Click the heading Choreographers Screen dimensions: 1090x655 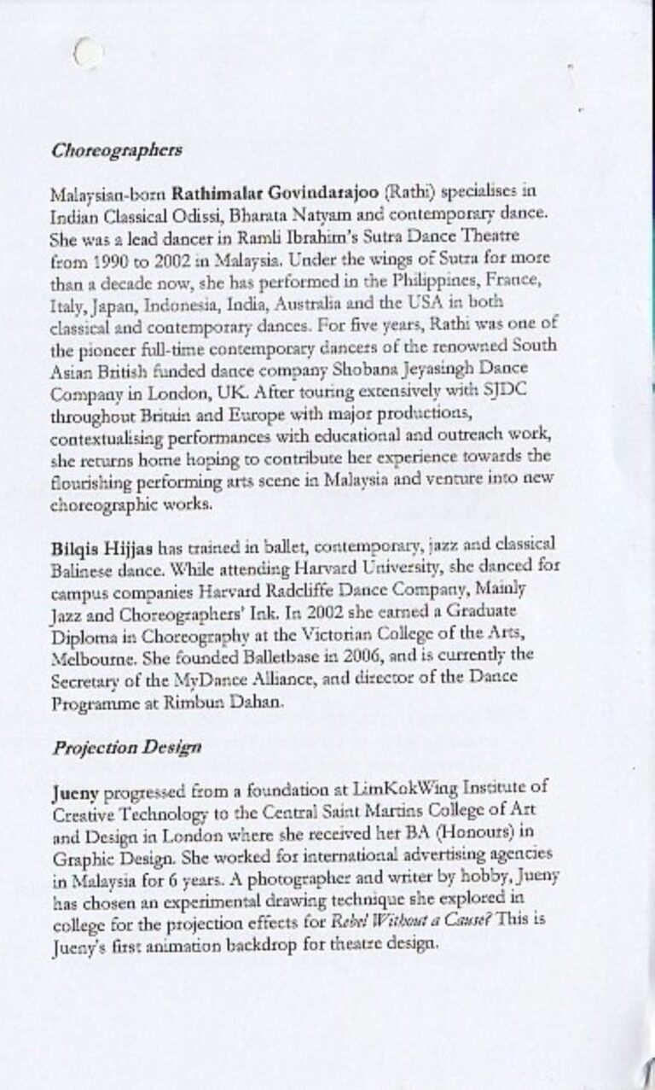tap(117, 151)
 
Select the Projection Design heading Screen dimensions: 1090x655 tap(127, 748)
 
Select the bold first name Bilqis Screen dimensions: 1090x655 tap(74, 544)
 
